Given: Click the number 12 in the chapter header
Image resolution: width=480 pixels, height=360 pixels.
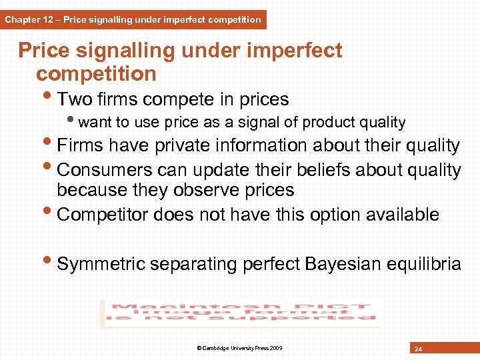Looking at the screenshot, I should pos(49,19).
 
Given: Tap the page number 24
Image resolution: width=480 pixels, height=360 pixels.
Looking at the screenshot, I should pos(418,349).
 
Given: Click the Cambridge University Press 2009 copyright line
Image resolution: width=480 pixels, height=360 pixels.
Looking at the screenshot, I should pos(240,348).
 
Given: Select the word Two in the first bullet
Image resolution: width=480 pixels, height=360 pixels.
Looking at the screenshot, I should pos(75,99).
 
